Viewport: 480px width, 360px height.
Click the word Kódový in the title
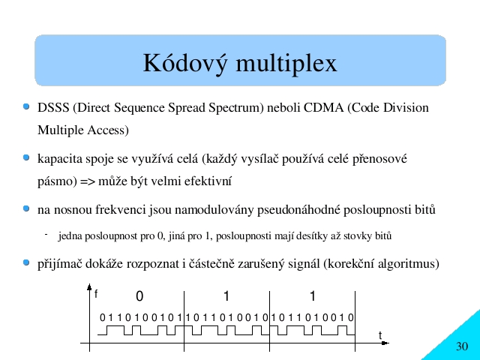coord(185,63)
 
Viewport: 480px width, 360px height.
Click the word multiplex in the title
coord(286,63)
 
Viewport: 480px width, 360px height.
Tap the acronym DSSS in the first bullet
coord(53,108)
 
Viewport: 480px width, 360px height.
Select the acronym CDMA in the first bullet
coord(323,108)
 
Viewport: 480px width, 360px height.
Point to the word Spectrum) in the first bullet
coord(236,108)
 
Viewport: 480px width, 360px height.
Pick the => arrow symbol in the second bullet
coord(88,181)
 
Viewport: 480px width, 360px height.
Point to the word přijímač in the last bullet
coord(60,263)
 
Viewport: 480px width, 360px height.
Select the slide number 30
coord(462,346)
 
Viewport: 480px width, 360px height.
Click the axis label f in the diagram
coord(96,294)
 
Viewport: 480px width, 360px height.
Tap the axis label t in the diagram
coord(380,335)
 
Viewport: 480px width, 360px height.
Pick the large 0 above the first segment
coord(139,296)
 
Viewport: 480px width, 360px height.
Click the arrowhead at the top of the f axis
coord(89,286)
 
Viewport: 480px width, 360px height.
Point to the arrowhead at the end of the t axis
coord(385,343)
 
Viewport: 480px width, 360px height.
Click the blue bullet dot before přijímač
coord(27,262)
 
